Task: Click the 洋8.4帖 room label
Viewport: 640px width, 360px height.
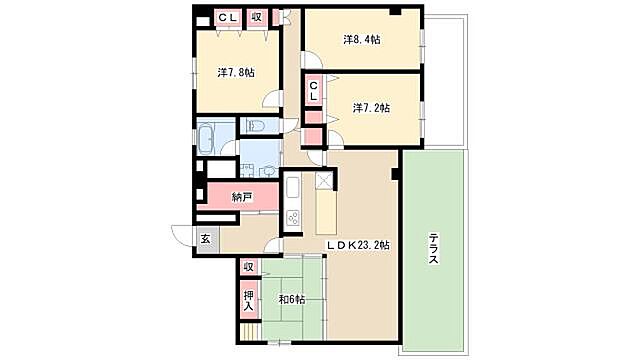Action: point(362,40)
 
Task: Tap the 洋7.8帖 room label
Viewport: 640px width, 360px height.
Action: point(236,73)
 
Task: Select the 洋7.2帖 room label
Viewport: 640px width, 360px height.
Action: point(371,108)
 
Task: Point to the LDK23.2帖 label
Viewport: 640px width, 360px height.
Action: point(358,245)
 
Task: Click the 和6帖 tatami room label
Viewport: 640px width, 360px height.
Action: point(291,300)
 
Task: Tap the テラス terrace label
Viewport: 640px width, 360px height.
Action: point(433,248)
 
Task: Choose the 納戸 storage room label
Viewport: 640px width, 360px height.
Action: point(242,197)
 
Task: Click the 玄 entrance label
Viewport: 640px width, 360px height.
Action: point(205,239)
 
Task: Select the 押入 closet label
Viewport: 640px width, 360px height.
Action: point(249,300)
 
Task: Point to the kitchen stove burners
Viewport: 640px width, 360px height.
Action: point(293,219)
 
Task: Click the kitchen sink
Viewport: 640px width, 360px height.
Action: point(293,188)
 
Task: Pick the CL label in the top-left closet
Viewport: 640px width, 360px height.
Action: point(227,18)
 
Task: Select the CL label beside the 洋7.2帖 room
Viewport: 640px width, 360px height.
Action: point(313,91)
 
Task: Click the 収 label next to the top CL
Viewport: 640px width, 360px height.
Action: point(256,18)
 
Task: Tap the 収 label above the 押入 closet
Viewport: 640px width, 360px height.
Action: point(248,267)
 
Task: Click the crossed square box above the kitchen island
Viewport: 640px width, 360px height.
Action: point(324,181)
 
